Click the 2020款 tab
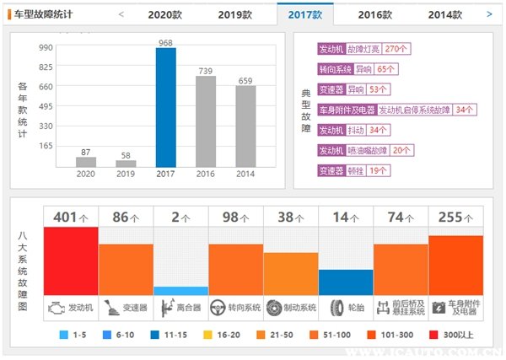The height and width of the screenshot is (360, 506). tap(164, 14)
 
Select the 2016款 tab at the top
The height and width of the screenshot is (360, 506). tap(374, 14)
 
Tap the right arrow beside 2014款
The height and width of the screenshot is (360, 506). tap(490, 14)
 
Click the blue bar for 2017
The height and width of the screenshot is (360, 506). tap(166, 108)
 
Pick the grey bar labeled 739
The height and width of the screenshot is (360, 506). tap(206, 121)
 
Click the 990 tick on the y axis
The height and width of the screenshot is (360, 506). tap(45, 48)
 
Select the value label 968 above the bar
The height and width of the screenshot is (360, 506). tap(166, 41)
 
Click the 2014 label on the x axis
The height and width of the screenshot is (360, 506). tap(245, 175)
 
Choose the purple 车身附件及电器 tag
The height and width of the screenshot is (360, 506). tap(347, 110)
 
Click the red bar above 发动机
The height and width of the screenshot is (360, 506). tap(71, 261)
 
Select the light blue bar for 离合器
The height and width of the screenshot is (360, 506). tap(180, 290)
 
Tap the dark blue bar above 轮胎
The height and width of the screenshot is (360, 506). tap(346, 282)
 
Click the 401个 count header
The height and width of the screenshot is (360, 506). tap(71, 218)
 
